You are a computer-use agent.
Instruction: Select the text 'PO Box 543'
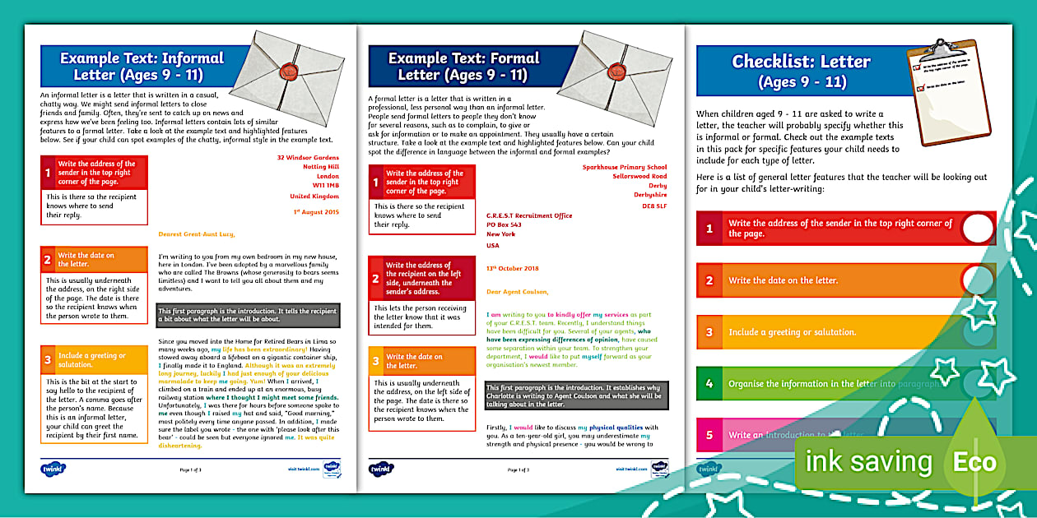tap(504, 224)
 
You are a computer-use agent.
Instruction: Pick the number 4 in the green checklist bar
tap(709, 384)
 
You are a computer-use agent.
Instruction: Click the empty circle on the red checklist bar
tap(977, 229)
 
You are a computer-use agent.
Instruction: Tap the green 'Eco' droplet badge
tap(974, 460)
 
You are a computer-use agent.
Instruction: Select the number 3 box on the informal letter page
tap(48, 359)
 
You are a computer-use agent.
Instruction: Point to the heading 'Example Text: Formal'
tap(463, 58)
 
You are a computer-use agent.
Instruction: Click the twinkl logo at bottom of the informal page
tap(53, 469)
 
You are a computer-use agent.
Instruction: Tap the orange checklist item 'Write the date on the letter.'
tap(783, 280)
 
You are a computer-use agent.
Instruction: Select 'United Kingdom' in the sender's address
tap(314, 196)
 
